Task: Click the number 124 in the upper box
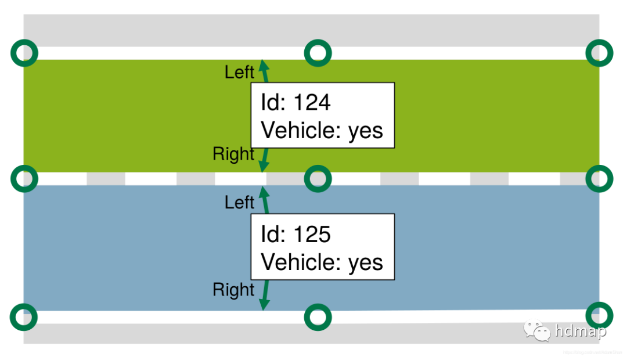point(312,103)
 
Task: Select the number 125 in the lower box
point(312,234)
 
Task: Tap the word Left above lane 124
point(239,73)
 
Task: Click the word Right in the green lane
point(233,154)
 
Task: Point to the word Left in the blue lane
point(239,203)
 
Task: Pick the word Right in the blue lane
point(233,289)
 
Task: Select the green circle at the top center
point(318,53)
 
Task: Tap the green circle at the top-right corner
point(599,53)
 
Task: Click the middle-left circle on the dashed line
point(24,178)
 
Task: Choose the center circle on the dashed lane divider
point(318,178)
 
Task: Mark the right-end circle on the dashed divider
point(599,178)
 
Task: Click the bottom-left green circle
point(24,317)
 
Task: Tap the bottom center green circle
point(318,317)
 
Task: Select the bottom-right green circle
point(599,315)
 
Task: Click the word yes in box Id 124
point(365,131)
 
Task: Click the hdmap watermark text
point(580,332)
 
